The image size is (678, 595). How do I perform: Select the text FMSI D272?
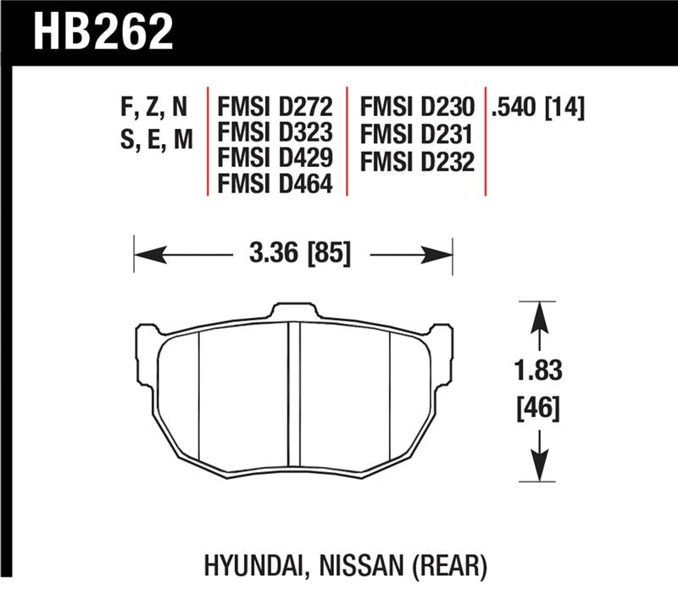click(x=276, y=108)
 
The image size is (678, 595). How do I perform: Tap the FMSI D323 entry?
click(x=276, y=133)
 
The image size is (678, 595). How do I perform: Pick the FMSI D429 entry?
click(x=276, y=158)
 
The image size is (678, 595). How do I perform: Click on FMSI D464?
click(x=276, y=182)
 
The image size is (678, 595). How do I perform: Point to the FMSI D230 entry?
click(x=416, y=108)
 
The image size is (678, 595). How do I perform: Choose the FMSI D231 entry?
click(x=416, y=133)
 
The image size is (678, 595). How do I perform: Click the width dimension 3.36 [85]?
click(x=293, y=253)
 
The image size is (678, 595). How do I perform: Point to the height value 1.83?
click(x=536, y=371)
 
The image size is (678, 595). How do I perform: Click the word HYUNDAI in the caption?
click(x=247, y=562)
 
